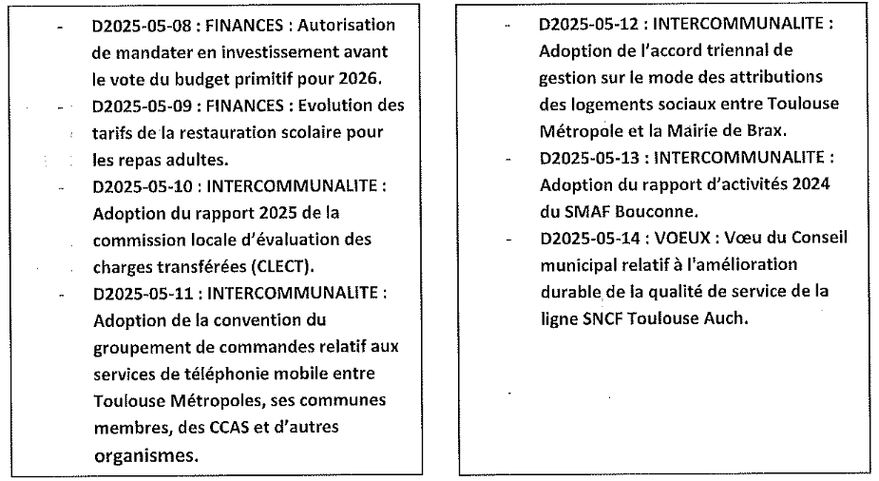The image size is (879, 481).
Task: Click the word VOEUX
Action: [x=675, y=237]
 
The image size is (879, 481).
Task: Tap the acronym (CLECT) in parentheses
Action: [x=291, y=262]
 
